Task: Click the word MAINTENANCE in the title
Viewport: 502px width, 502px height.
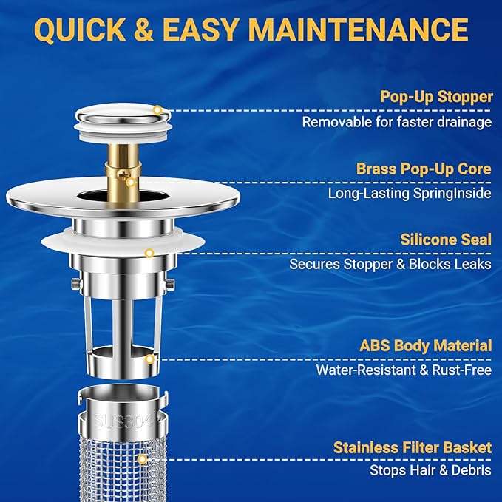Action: point(361,30)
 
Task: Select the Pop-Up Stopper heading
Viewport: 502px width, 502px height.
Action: point(435,97)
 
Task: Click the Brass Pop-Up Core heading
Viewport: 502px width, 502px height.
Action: point(424,169)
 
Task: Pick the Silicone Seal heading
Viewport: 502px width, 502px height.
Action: point(446,240)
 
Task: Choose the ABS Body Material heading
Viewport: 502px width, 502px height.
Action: point(425,345)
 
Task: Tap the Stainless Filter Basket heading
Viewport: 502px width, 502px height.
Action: point(412,447)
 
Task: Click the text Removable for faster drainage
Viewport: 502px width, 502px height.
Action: point(396,122)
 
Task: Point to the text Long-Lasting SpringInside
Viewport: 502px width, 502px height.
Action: point(410,194)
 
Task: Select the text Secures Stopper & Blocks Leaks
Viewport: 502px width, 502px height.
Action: point(390,264)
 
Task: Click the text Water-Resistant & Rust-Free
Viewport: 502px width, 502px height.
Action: point(404,370)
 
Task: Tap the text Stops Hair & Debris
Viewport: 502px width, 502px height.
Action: point(430,470)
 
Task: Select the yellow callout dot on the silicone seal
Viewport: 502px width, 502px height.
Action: point(149,253)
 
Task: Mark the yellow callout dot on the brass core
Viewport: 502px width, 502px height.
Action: point(130,181)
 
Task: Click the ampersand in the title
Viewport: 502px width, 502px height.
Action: point(166,30)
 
